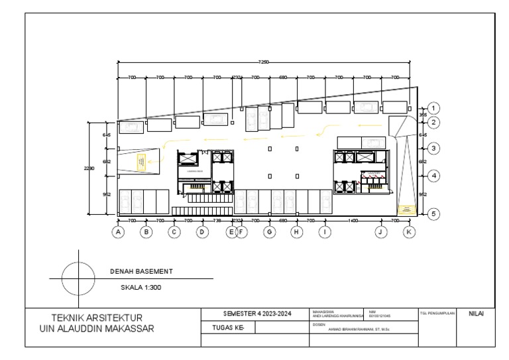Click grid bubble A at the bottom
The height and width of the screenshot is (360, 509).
118,232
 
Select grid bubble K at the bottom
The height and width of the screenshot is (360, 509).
409,232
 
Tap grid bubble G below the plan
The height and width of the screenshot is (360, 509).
269,232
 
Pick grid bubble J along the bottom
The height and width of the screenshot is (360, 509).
380,232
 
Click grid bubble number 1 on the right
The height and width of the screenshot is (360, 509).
433,107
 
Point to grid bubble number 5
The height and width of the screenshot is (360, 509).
433,213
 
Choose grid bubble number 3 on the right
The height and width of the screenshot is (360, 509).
433,149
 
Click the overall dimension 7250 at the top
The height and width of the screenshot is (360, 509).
264,62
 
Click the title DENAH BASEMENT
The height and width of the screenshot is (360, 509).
141,271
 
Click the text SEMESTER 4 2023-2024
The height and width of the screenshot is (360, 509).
256,313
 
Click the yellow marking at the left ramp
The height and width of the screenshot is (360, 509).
141,161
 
